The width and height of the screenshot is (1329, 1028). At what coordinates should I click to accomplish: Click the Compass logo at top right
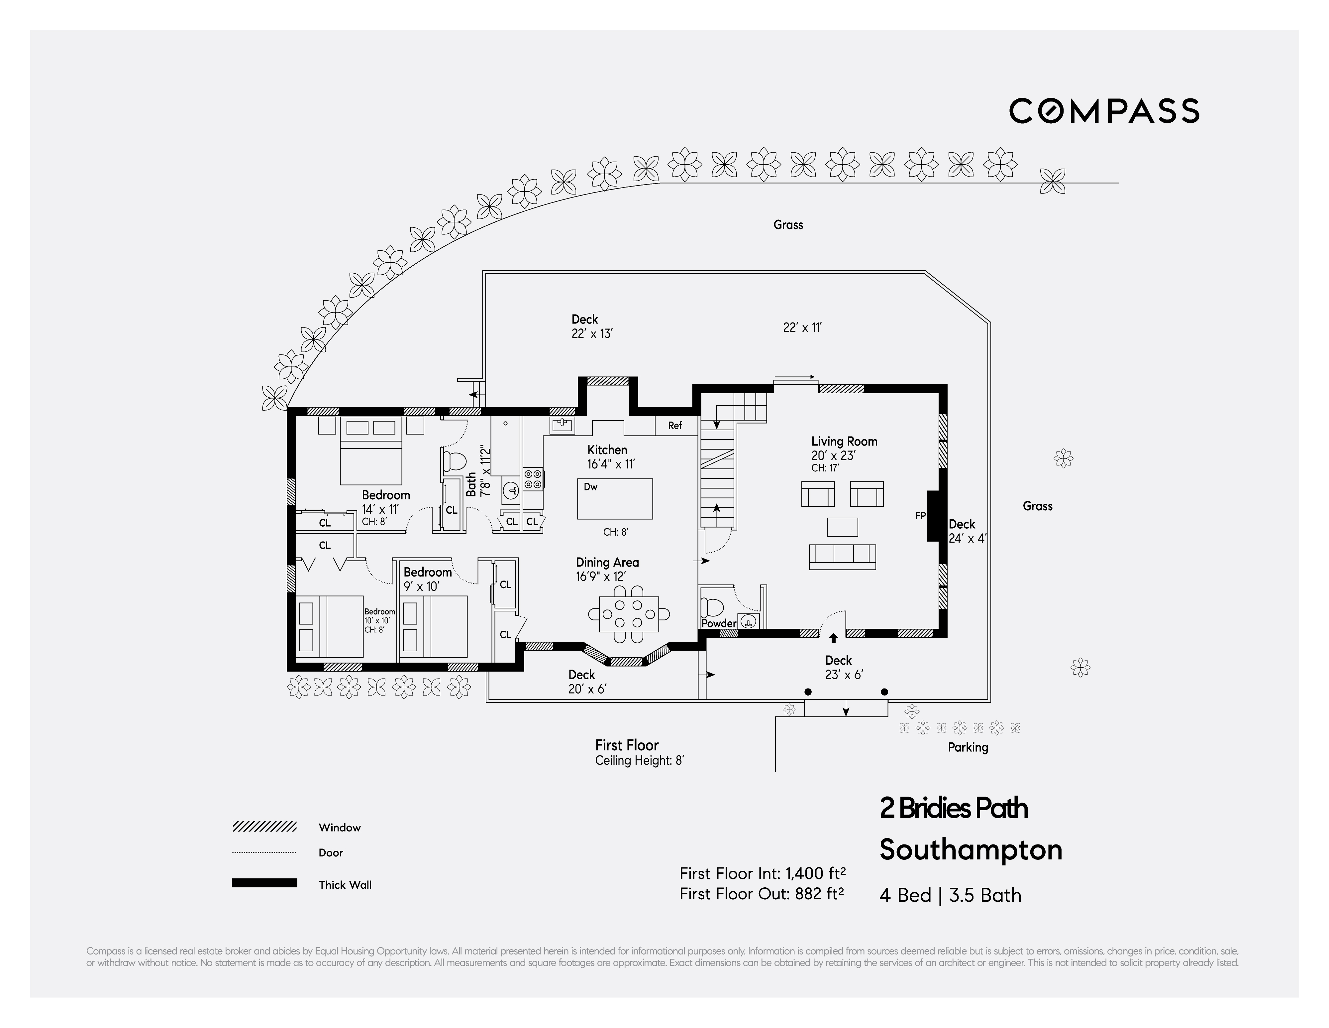tap(1104, 111)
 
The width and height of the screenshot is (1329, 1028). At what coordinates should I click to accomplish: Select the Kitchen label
tap(607, 450)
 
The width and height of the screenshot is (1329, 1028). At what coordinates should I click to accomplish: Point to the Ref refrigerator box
tap(675, 425)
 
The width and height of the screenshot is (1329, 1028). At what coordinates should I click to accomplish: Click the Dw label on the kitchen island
tap(590, 487)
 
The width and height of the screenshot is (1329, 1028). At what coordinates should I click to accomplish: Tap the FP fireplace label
tap(920, 516)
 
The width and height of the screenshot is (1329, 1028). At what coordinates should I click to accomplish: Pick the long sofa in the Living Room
tap(842, 557)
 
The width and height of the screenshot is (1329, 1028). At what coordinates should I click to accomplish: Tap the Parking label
tap(968, 747)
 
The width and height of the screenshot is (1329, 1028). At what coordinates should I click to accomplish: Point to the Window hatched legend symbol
tap(264, 827)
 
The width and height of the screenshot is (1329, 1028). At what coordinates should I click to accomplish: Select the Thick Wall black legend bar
tap(264, 883)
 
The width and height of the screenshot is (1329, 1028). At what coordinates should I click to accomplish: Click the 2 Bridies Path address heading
tap(954, 808)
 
